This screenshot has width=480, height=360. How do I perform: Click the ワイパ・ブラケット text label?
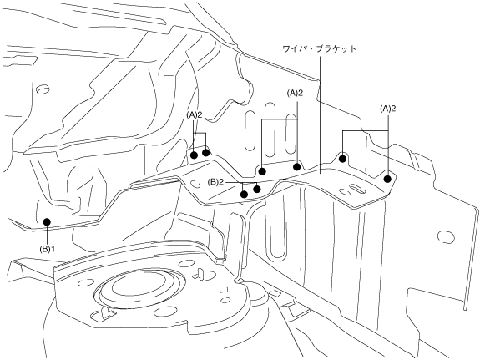(x=319, y=49)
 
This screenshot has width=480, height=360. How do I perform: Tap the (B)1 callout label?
(x=47, y=249)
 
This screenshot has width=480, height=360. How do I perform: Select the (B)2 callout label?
(x=215, y=183)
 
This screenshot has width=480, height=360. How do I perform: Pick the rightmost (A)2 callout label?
(x=388, y=109)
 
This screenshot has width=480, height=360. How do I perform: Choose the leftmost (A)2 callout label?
(x=194, y=115)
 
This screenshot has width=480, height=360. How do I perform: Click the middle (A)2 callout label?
(x=295, y=94)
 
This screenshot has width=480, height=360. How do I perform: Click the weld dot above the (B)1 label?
(x=47, y=221)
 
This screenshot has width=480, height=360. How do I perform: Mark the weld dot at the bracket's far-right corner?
(x=387, y=179)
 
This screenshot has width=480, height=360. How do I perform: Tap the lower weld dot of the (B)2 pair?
(x=245, y=195)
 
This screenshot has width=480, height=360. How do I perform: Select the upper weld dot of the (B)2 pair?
(x=257, y=190)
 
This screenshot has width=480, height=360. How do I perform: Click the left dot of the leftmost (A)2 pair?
(x=194, y=155)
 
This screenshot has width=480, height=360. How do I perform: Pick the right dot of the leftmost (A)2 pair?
(x=205, y=152)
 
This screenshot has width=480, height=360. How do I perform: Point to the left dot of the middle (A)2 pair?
(x=262, y=171)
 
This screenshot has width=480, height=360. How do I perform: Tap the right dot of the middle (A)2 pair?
(x=296, y=167)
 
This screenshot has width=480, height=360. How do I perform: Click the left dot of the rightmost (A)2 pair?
(x=343, y=159)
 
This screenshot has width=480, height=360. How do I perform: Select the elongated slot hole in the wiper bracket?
(x=357, y=189)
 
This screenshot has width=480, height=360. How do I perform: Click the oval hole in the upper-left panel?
(x=43, y=89)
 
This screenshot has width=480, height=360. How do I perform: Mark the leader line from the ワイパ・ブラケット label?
(x=321, y=114)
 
